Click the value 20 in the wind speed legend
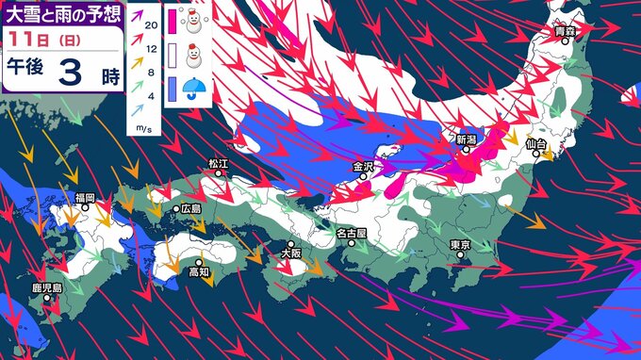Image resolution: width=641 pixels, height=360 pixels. (149, 29)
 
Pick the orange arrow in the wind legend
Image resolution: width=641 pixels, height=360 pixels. (136, 67)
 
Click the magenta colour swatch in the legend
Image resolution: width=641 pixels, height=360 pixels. (173, 21)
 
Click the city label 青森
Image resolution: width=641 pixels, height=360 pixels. (565, 32)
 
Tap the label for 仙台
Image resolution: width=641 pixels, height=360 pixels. (536, 143)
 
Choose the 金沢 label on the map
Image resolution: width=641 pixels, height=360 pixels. (365, 166)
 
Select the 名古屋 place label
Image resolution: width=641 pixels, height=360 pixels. (351, 232)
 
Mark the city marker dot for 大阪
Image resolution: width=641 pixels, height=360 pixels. (291, 243)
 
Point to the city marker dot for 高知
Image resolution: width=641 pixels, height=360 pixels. (200, 262)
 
